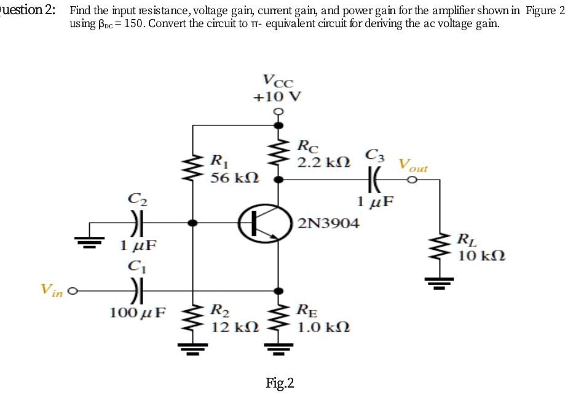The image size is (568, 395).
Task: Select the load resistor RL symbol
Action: click(x=441, y=249)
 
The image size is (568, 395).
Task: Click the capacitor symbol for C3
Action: click(x=374, y=180)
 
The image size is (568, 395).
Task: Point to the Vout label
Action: click(x=413, y=165)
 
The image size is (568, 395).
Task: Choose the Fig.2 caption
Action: click(x=280, y=383)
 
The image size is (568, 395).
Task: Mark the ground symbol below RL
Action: click(x=441, y=282)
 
